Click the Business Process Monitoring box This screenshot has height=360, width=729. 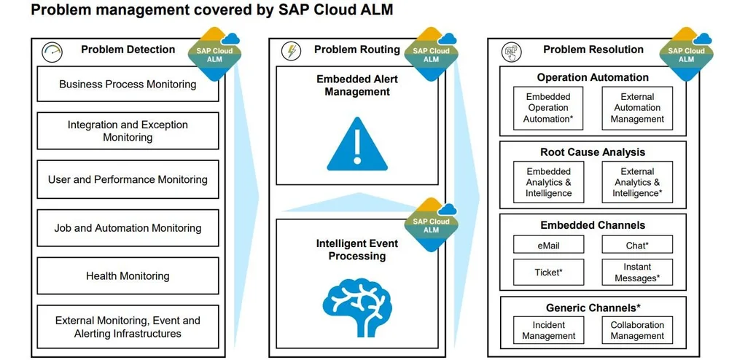point(128,85)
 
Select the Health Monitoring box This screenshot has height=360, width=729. point(128,276)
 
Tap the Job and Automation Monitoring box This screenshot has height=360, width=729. point(128,228)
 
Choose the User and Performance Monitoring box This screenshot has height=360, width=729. point(128,180)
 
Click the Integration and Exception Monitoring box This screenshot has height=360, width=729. point(128,131)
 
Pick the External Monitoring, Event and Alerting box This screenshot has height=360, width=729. point(128,327)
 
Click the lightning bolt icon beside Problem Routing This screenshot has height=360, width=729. point(291,51)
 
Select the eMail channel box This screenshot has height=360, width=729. point(548,246)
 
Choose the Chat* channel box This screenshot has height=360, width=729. point(637,246)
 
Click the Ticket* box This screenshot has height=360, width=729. point(548,273)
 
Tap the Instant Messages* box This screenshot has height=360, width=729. point(637,273)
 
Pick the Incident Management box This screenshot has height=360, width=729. point(548,331)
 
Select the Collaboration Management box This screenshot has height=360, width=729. point(637,331)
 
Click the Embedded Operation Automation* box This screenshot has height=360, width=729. point(548,108)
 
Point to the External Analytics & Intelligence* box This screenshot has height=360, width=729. point(637,183)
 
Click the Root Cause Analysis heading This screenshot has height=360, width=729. point(593,152)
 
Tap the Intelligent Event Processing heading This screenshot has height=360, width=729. point(357,250)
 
